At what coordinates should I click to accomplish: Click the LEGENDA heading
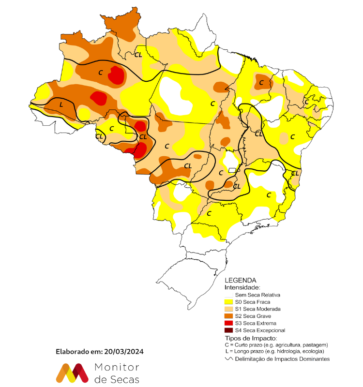pos(241,280)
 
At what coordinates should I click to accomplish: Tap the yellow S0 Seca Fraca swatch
pos(229,301)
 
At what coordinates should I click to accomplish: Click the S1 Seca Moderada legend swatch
pos(229,309)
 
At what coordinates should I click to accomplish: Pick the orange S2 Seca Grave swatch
pos(229,316)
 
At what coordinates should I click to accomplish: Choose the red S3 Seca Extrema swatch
pos(229,323)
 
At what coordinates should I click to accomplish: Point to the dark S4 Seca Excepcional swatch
pos(229,330)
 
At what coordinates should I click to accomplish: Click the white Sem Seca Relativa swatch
pos(229,295)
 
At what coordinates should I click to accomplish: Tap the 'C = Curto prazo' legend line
pos(276,344)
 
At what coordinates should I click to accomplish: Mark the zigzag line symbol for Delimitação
pos(229,359)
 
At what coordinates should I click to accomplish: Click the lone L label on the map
pos(61,104)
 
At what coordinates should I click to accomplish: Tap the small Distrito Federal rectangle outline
pos(232,170)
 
